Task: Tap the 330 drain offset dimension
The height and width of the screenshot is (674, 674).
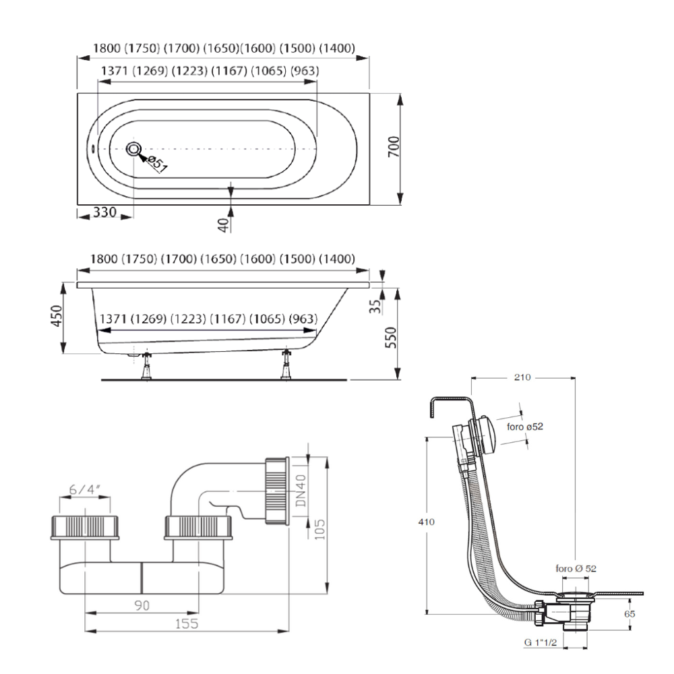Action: coord(104,212)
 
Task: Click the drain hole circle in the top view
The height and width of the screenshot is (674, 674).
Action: coord(133,149)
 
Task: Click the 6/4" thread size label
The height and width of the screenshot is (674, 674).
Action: coord(86,490)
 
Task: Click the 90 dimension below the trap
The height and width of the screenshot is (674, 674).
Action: coord(142,605)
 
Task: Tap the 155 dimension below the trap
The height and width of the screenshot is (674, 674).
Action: coord(187,624)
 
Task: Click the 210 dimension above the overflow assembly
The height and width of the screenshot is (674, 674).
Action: coord(522,378)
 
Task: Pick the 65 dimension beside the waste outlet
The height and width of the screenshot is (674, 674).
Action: coord(630,614)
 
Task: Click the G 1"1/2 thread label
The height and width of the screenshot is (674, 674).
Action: coord(540,643)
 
